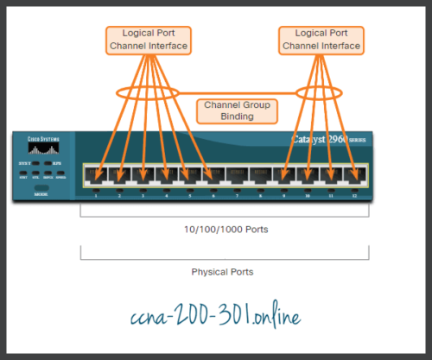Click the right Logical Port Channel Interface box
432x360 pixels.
pos(321,39)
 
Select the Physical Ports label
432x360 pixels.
pos(224,271)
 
